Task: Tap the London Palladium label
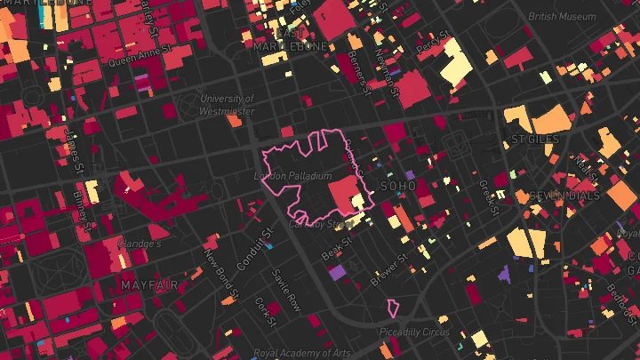tap(292, 177)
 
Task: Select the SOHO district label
tap(397, 186)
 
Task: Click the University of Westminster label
tap(228, 105)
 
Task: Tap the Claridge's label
tap(140, 244)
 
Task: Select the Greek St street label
tap(486, 197)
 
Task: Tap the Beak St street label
tap(336, 252)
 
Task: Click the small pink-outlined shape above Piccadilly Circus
tap(392, 308)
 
